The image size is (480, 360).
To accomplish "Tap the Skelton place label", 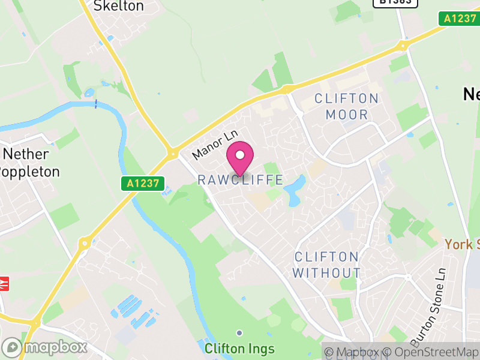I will click(119, 6).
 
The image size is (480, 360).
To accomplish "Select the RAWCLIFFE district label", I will click(240, 179).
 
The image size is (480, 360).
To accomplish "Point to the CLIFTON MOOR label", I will click(347, 106).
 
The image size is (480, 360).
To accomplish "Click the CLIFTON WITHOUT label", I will click(327, 265).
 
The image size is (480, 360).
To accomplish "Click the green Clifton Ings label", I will click(239, 349).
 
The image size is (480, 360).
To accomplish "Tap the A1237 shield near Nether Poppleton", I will click(145, 184).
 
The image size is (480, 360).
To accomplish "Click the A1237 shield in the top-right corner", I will click(460, 19).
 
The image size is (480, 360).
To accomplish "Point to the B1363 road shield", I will click(396, 2).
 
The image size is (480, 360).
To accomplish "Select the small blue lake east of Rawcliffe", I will click(295, 191).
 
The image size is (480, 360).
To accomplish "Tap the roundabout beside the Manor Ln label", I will click(173, 153).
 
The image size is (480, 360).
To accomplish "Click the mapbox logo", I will click(45, 347).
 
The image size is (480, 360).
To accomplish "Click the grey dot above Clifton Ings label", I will click(239, 332).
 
